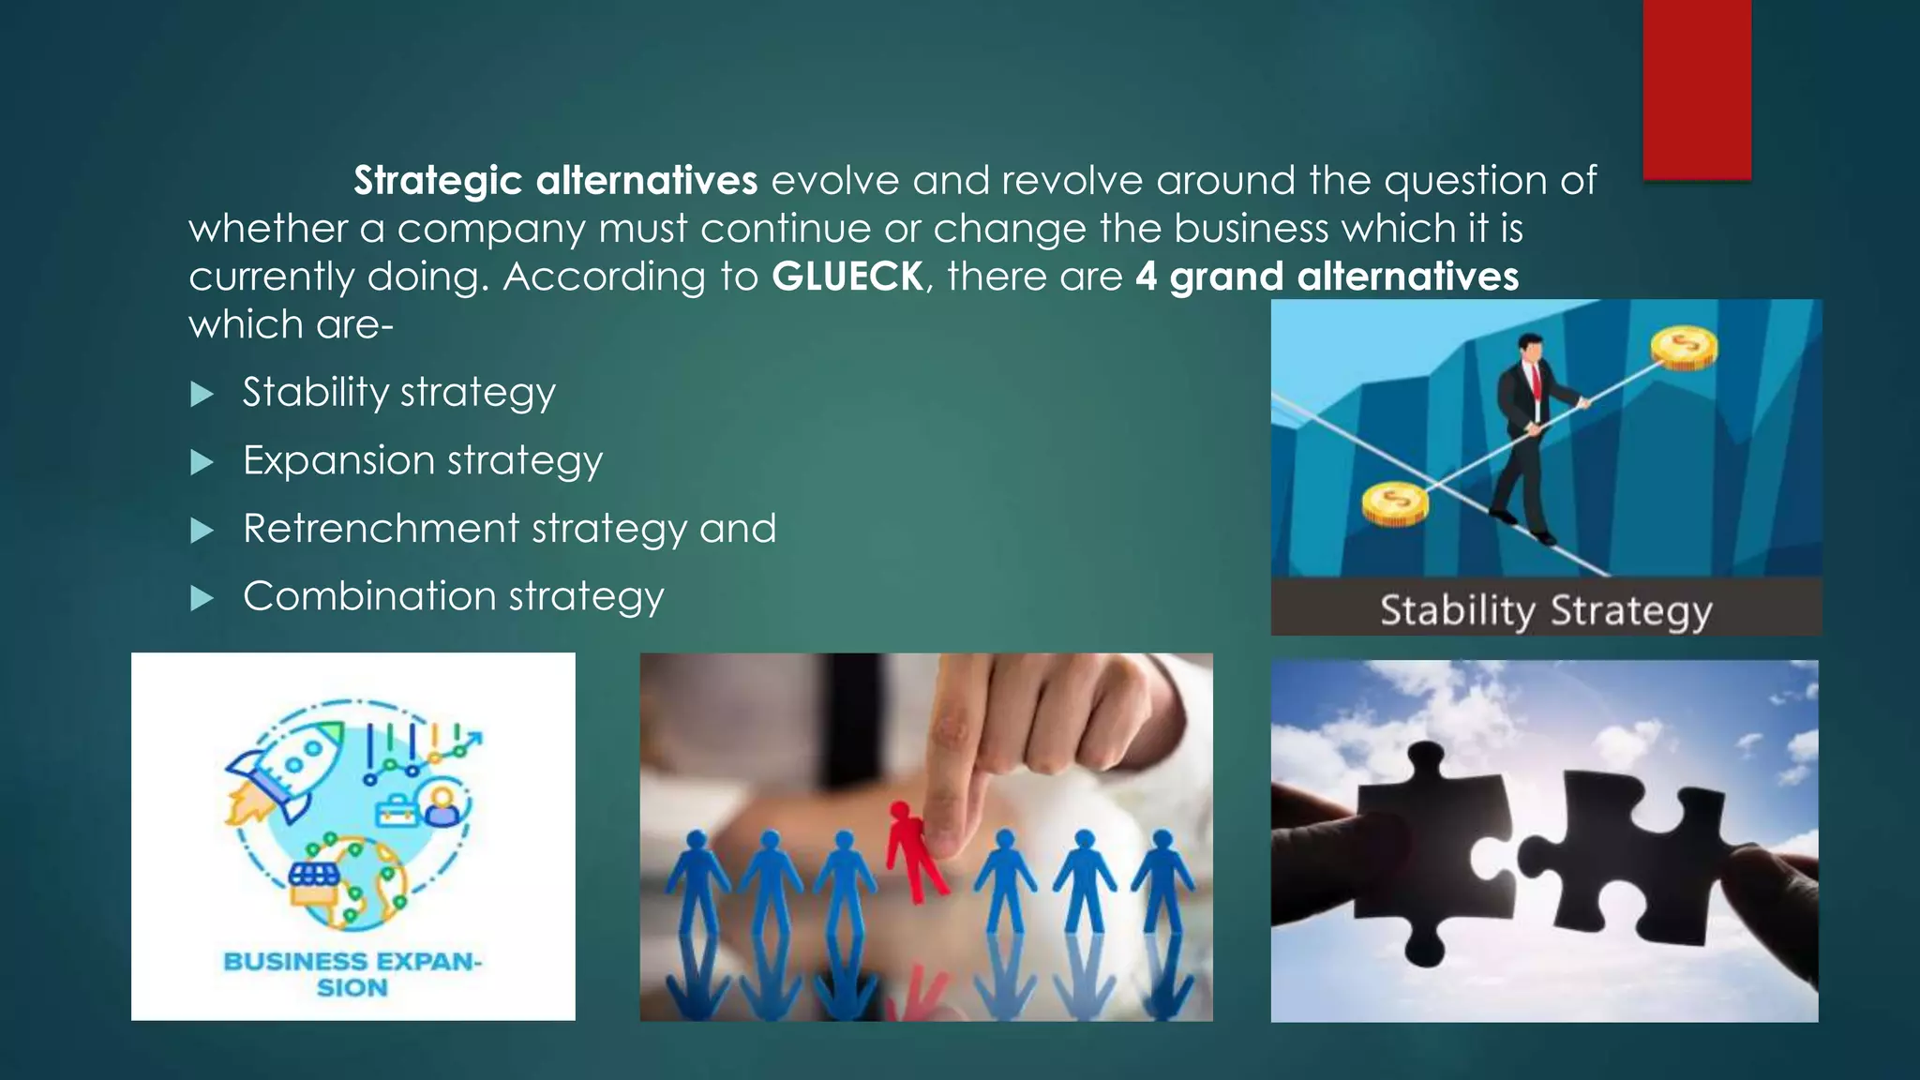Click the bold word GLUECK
(847, 277)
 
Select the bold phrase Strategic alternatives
(555, 180)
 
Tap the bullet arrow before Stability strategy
(202, 394)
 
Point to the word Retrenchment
(381, 529)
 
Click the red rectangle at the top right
(1696, 89)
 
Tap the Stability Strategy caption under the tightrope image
(1545, 609)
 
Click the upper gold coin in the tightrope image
(1684, 348)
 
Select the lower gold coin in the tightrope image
(1395, 502)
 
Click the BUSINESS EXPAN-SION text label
(352, 974)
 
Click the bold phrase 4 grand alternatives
(1327, 277)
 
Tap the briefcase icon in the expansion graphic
(397, 809)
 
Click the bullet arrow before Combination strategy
(202, 598)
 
